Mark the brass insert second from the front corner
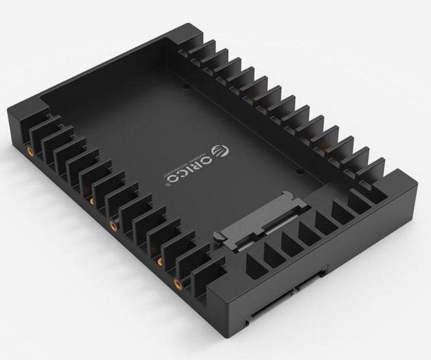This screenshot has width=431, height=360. point(160,261)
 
